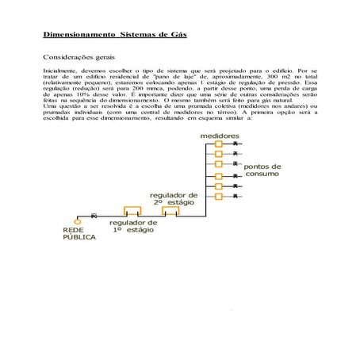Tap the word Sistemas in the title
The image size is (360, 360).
(x=140, y=36)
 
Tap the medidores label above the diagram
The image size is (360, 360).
(x=220, y=136)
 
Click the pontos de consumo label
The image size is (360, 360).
(x=261, y=170)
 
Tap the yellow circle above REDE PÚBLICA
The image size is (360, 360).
(x=79, y=216)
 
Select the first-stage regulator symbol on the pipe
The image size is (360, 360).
(x=132, y=212)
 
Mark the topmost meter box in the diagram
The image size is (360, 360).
(x=220, y=144)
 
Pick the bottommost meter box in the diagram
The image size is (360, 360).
(x=220, y=195)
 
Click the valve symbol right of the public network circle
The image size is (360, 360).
(x=94, y=216)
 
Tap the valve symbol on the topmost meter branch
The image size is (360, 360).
(x=236, y=144)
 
